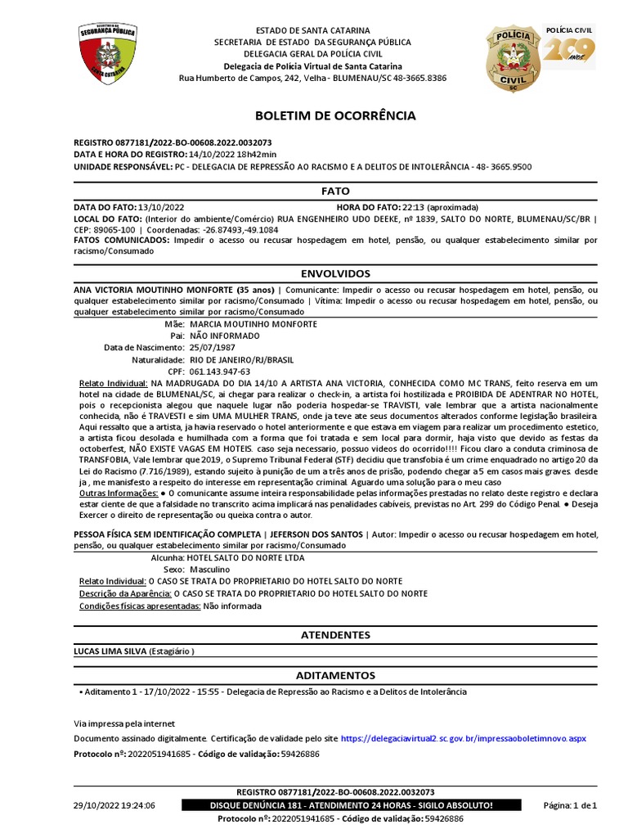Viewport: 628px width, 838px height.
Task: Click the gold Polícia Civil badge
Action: (x=512, y=57)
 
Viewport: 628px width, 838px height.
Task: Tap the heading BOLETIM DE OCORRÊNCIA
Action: (x=335, y=116)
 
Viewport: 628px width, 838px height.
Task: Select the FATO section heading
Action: (x=335, y=191)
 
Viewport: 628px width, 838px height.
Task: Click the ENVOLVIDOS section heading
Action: (x=335, y=273)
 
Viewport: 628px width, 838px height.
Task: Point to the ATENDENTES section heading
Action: (x=335, y=635)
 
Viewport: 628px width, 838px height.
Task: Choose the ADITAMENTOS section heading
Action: (x=335, y=676)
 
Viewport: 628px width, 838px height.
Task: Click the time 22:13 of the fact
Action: (x=413, y=207)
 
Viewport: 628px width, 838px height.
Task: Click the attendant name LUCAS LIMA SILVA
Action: (x=110, y=651)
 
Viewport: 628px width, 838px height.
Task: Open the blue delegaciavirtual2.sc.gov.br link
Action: (x=463, y=738)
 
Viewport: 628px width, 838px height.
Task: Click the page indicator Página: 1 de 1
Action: (x=570, y=806)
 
